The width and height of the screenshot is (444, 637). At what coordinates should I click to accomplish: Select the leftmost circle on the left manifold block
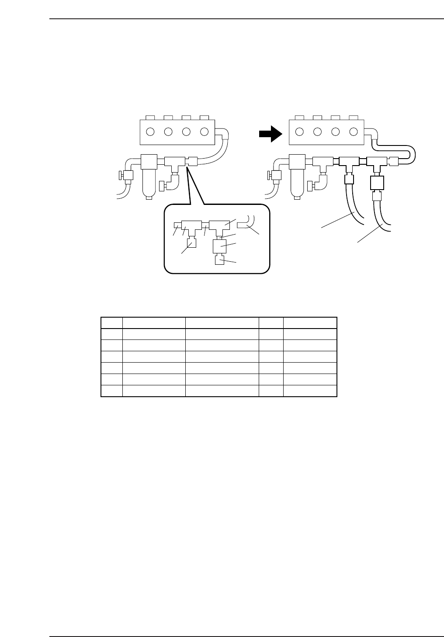pyautogui.click(x=150, y=132)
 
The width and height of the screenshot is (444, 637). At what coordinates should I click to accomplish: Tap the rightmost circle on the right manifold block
pyautogui.click(x=354, y=132)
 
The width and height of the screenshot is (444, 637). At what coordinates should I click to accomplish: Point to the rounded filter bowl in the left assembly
pyautogui.click(x=149, y=183)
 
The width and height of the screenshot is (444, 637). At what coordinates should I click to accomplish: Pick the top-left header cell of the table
pyautogui.click(x=111, y=322)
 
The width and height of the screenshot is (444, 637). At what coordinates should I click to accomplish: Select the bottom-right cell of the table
pyautogui.click(x=310, y=391)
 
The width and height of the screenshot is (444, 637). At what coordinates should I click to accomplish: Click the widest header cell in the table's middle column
pyautogui.click(x=222, y=322)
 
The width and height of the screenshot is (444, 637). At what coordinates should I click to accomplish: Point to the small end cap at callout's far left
pyautogui.click(x=177, y=225)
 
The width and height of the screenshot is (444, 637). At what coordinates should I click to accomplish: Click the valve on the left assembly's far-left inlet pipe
pyautogui.click(x=127, y=176)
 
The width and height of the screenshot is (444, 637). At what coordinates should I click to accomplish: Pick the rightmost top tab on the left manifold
pyautogui.click(x=205, y=118)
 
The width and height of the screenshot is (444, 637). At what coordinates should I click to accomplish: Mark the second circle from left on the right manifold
pyautogui.click(x=318, y=132)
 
